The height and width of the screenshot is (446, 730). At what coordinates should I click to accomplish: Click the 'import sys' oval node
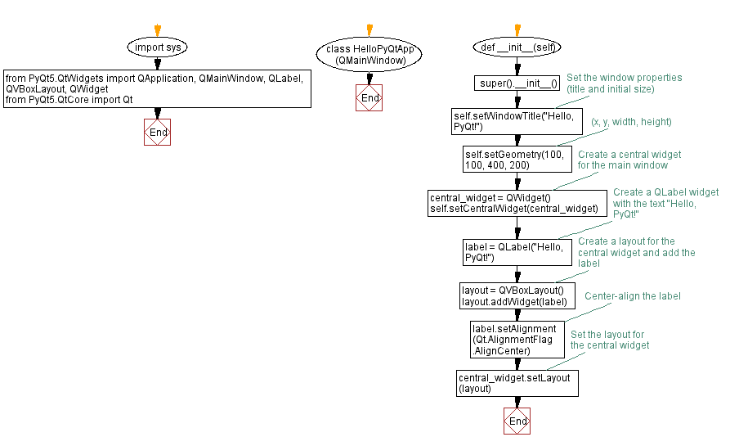click(x=158, y=47)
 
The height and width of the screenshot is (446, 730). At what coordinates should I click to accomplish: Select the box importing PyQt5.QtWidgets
click(x=158, y=88)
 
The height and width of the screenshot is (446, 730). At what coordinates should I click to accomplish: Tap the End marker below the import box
click(x=158, y=132)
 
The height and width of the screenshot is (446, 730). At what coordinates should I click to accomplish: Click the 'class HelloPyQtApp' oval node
click(x=369, y=55)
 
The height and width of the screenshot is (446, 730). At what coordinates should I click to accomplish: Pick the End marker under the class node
click(x=369, y=98)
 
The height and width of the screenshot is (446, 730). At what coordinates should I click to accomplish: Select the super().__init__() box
click(x=518, y=83)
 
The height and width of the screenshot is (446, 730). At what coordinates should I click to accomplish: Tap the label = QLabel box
click(x=517, y=252)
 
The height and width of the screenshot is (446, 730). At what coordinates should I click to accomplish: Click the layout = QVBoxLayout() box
click(x=517, y=296)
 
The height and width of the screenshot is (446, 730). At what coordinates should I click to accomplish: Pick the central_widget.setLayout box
click(x=517, y=382)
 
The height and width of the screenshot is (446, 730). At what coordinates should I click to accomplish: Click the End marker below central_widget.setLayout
click(x=517, y=421)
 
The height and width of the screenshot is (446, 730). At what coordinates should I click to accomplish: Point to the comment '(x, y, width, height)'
click(x=631, y=122)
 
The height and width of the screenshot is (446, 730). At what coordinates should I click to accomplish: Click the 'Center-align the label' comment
click(x=632, y=295)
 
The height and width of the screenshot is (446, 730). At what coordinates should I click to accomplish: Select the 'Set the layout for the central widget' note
click(x=610, y=340)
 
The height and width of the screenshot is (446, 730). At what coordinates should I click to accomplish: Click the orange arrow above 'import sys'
click(x=158, y=31)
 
